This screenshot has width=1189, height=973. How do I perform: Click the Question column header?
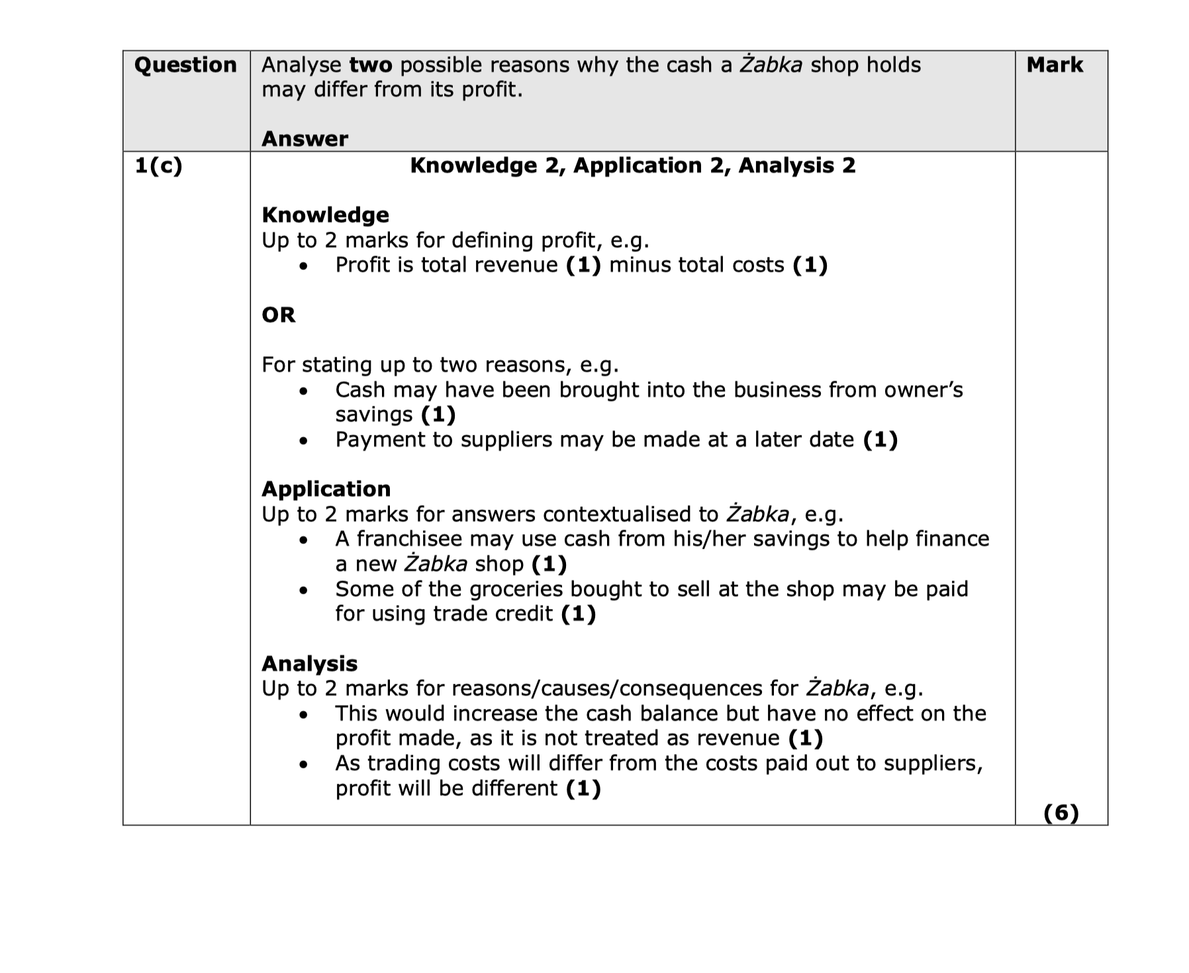pyautogui.click(x=185, y=65)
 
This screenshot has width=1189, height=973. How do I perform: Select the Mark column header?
pyautogui.click(x=1054, y=65)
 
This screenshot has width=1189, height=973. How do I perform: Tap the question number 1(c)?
pyautogui.click(x=158, y=165)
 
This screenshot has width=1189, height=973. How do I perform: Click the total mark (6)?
pyautogui.click(x=1061, y=812)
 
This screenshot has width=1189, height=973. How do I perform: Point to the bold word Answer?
pyautogui.click(x=305, y=139)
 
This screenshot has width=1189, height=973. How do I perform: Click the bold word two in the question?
pyautogui.click(x=371, y=65)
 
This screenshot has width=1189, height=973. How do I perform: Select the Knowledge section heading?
pyautogui.click(x=325, y=215)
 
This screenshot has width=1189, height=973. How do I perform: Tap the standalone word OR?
pyautogui.click(x=278, y=314)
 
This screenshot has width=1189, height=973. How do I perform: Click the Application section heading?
pyautogui.click(x=326, y=489)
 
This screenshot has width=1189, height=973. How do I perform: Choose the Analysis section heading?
pyautogui.click(x=309, y=664)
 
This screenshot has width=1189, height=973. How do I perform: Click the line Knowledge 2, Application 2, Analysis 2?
pyautogui.click(x=632, y=165)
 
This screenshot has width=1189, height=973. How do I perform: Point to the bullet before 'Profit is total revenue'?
pyautogui.click(x=303, y=266)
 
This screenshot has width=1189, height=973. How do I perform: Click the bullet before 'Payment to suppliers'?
pyautogui.click(x=303, y=441)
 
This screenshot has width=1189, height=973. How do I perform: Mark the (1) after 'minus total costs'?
pyautogui.click(x=810, y=265)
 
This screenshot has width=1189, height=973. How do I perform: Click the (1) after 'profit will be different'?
pyautogui.click(x=583, y=788)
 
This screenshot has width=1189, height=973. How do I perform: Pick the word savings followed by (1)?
pyautogui.click(x=374, y=415)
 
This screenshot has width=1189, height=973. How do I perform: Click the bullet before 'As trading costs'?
pyautogui.click(x=303, y=764)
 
